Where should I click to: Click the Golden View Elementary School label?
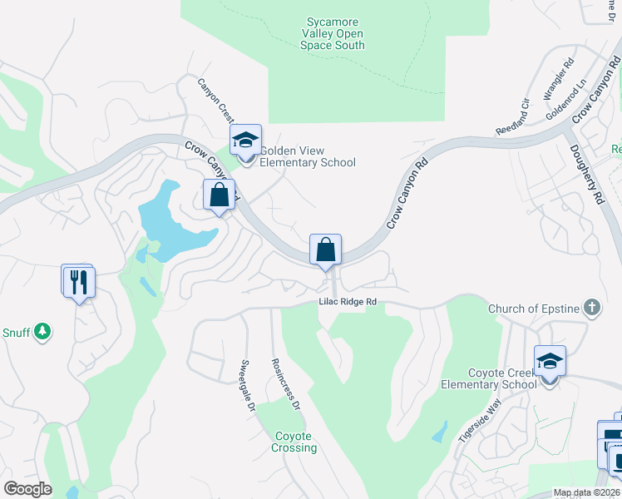[308, 156]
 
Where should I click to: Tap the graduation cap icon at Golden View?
[245, 140]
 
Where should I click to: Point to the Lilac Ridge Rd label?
[349, 302]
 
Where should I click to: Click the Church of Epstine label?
[534, 309]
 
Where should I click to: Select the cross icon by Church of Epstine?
[591, 309]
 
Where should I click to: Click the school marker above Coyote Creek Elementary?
[550, 361]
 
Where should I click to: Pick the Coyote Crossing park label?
[294, 442]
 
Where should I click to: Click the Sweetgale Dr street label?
[247, 387]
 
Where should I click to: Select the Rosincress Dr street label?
[284, 385]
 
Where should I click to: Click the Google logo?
[27, 489]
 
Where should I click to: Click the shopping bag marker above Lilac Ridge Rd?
[325, 249]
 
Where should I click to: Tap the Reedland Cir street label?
[513, 119]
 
